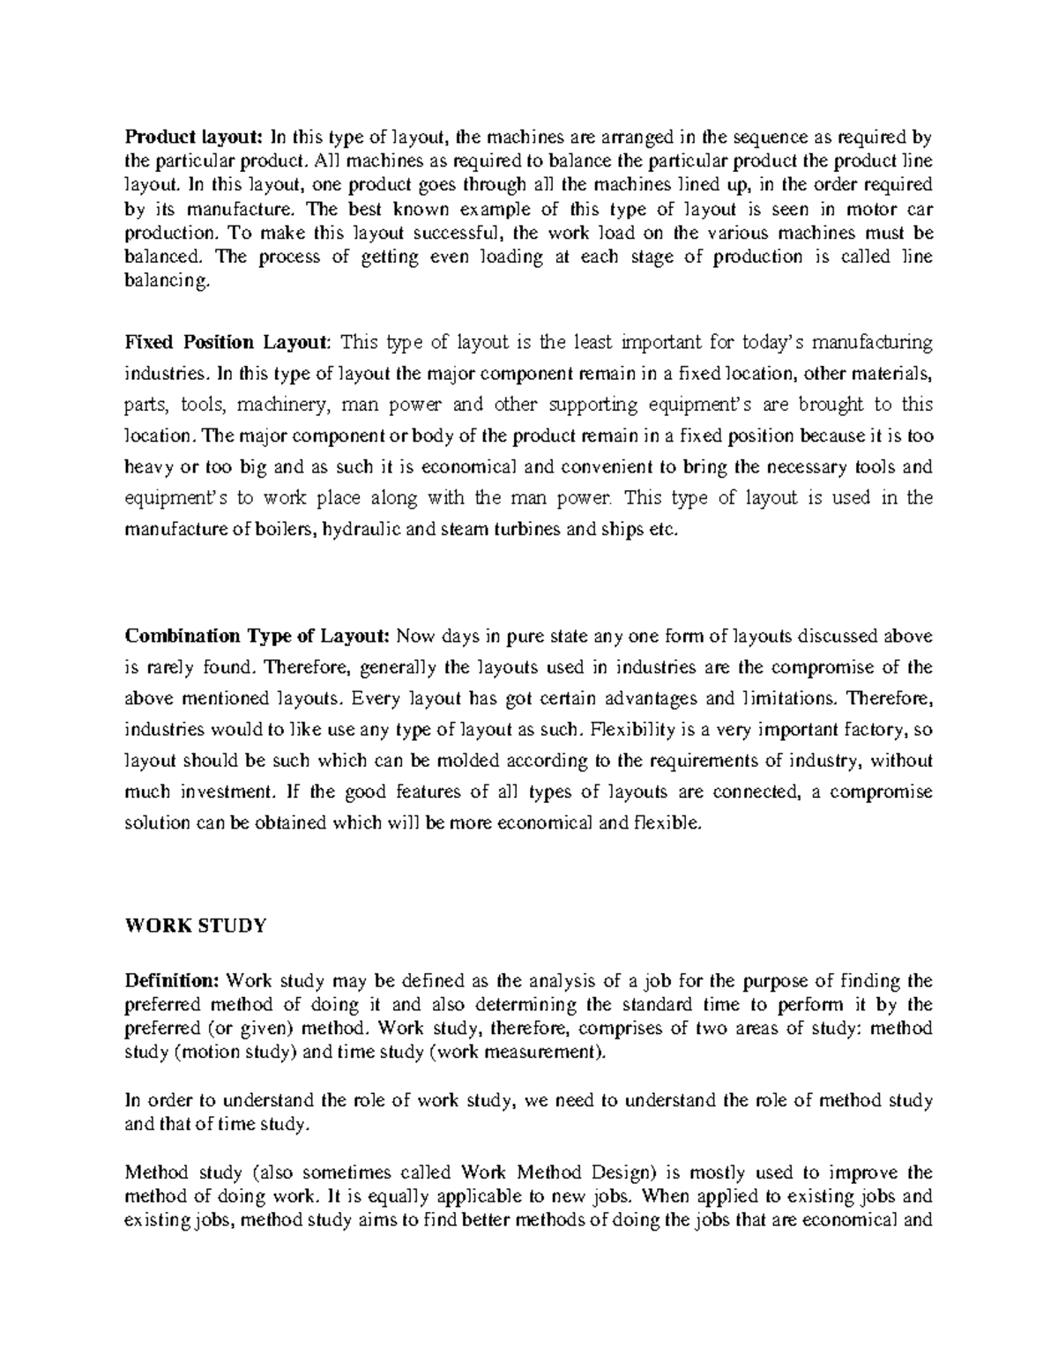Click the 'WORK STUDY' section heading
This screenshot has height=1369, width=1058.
(x=195, y=926)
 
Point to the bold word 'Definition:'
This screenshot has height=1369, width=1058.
(x=173, y=981)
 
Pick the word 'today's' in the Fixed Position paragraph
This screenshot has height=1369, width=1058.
(x=773, y=342)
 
